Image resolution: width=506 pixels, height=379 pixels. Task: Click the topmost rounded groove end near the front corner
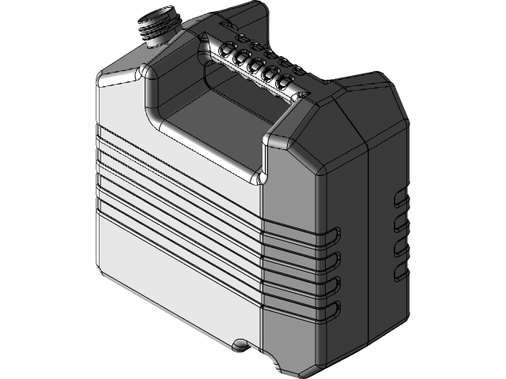pyautogui.click(x=335, y=233)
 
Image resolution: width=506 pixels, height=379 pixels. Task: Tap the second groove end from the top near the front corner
pyautogui.click(x=335, y=257)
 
